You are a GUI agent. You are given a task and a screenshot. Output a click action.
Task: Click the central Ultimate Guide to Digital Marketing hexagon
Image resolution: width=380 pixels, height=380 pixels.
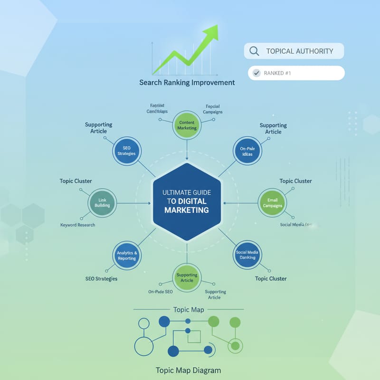(187, 201)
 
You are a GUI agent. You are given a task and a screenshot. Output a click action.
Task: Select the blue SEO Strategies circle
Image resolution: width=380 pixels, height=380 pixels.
(126, 150)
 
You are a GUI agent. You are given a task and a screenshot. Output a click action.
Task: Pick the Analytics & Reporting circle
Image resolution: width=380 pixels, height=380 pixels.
(127, 255)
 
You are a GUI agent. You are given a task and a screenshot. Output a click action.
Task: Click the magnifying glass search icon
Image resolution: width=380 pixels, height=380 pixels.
(254, 51)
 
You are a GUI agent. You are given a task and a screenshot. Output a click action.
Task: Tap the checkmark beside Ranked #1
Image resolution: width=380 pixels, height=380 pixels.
(257, 73)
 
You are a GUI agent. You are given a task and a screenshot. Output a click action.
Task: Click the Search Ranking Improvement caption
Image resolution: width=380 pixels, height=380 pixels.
(187, 82)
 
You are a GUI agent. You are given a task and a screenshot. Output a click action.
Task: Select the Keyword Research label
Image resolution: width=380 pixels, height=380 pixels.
(77, 225)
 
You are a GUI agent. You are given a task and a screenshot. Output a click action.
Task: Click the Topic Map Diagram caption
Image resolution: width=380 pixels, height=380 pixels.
(188, 370)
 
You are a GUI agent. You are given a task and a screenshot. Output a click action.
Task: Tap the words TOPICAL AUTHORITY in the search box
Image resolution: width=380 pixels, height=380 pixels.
(299, 51)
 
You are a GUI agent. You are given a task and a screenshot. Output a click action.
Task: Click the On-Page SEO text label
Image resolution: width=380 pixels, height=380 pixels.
(160, 291)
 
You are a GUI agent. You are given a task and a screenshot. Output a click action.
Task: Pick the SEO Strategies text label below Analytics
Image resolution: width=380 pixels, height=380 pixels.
(101, 278)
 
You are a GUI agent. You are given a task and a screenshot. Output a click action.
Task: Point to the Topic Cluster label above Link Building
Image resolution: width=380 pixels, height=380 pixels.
(76, 181)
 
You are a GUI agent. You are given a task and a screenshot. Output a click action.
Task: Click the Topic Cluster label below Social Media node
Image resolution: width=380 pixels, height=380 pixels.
(271, 278)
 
